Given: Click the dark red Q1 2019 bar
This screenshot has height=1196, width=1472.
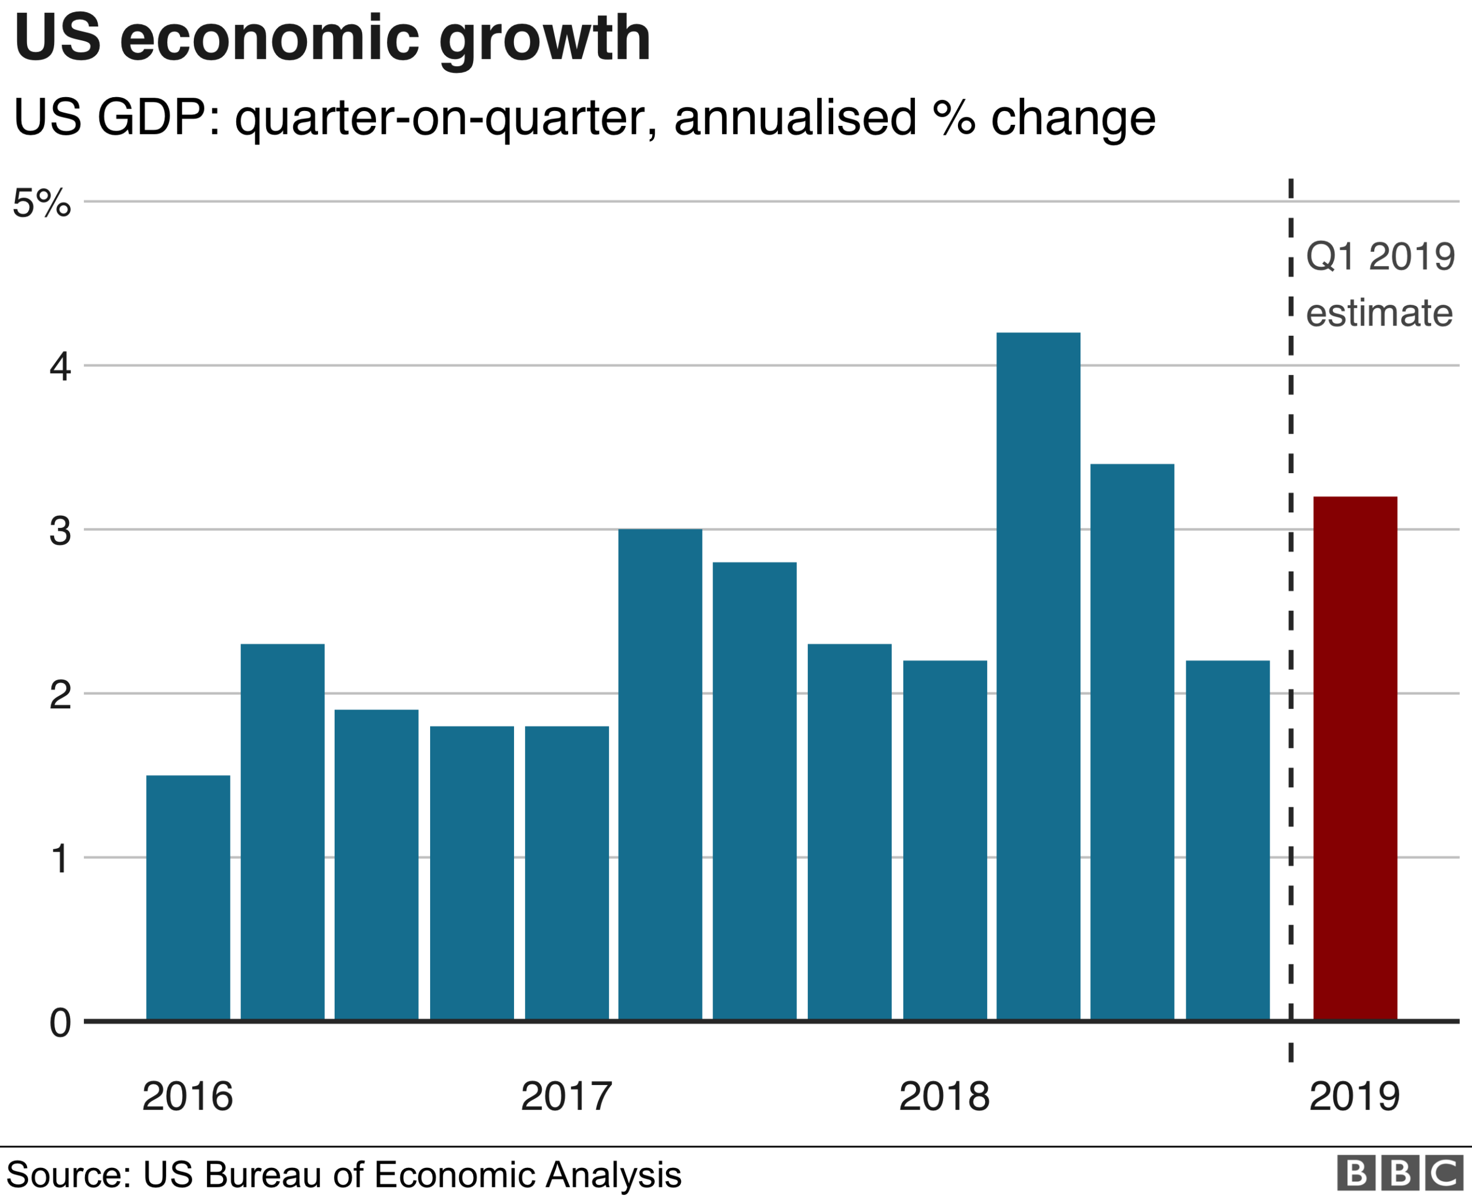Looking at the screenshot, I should pyautogui.click(x=1355, y=758).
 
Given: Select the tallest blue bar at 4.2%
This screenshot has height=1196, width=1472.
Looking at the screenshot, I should pyautogui.click(x=1038, y=675).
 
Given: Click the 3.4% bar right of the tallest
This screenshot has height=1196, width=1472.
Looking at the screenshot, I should pyautogui.click(x=1132, y=741).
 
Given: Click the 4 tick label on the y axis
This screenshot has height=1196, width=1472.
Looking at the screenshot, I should pyautogui.click(x=60, y=366).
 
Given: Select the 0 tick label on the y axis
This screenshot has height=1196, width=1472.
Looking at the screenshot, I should pyautogui.click(x=60, y=1023).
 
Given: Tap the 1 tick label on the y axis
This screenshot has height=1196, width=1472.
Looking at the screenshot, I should pyautogui.click(x=60, y=859).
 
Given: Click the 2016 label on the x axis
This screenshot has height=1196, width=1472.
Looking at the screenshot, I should pyautogui.click(x=187, y=1096).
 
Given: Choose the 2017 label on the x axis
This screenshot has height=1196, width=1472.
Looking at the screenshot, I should pyautogui.click(x=566, y=1096).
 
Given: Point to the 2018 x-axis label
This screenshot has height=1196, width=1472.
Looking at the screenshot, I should pyautogui.click(x=944, y=1096).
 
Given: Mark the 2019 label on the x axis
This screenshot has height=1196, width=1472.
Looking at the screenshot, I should pyautogui.click(x=1354, y=1096).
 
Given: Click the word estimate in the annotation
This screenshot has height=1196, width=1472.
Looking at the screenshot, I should pyautogui.click(x=1379, y=313).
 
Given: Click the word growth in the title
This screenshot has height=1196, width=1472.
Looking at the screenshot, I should pyautogui.click(x=544, y=40).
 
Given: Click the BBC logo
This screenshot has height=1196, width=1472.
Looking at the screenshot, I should pyautogui.click(x=1400, y=1172).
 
